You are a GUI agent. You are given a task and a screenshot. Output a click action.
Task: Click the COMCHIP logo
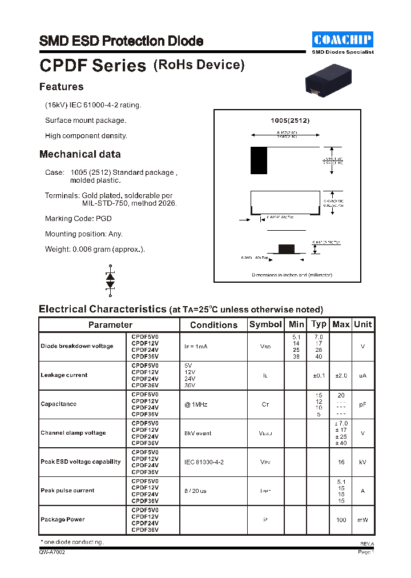coord(342,39)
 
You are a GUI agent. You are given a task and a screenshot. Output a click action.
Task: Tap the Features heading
coord(61,87)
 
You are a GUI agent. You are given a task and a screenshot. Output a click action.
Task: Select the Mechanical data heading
coord(80,154)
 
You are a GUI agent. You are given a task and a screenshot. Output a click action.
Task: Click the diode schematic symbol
coord(110,280)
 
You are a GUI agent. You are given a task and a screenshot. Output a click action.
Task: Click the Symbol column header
coord(265,324)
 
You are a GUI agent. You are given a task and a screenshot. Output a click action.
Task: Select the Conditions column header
coord(213,325)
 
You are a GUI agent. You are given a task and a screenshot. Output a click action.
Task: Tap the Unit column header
coord(362,324)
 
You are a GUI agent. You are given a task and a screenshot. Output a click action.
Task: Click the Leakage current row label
coord(64,375)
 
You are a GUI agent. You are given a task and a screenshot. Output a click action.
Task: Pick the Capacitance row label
coord(58,404)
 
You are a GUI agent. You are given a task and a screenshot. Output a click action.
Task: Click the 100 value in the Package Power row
coord(341,520)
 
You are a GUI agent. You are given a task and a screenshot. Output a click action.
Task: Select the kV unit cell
coord(362,462)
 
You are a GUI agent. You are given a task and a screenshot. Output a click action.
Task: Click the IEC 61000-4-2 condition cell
coord(204,462)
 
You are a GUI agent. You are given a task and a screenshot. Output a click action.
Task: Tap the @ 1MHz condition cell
coord(196,404)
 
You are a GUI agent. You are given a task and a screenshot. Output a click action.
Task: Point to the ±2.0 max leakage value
coord(341,375)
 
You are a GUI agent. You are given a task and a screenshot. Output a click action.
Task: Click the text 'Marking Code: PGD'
coord(78,219)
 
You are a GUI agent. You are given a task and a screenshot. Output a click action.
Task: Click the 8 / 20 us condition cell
coord(195,491)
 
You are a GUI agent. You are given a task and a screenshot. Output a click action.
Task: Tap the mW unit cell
coord(362,520)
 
